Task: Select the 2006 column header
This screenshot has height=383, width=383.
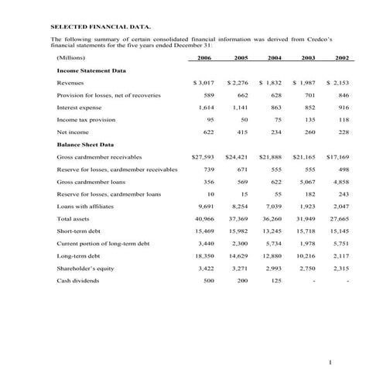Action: click(x=204, y=58)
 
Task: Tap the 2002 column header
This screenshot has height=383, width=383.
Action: click(x=342, y=58)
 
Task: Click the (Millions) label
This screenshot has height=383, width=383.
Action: click(x=71, y=58)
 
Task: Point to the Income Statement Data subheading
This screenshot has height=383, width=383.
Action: click(x=91, y=70)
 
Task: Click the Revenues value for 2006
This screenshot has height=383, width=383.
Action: click(x=203, y=82)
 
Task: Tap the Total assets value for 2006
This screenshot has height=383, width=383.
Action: click(x=204, y=219)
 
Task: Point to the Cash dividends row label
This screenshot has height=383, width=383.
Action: click(x=78, y=281)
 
